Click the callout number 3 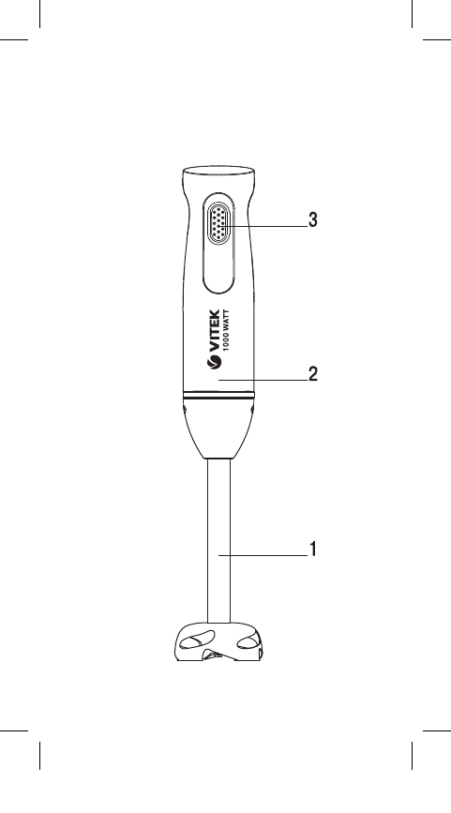point(312,219)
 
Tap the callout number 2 point(312,373)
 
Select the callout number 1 point(312,549)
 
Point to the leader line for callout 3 point(263,226)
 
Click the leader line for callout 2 point(263,380)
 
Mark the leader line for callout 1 point(263,555)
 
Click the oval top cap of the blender point(218,170)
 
